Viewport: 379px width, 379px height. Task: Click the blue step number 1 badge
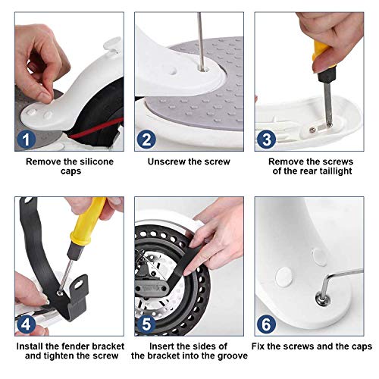point(26,139)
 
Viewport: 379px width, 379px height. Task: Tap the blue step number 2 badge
point(146,139)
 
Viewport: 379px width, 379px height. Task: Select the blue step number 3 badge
point(266,139)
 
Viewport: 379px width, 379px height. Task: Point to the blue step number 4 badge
point(26,324)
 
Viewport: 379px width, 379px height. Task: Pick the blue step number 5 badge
point(146,324)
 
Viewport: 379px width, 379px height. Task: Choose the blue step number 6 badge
point(266,324)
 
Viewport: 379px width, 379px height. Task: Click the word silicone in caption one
point(96,161)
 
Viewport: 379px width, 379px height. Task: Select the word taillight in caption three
point(336,171)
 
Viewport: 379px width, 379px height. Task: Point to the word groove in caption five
point(233,356)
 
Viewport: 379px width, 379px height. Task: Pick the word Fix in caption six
point(258,346)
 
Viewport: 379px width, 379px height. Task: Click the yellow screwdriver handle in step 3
point(321,55)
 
